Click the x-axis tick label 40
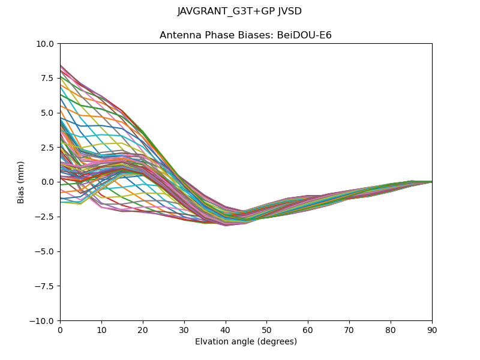[x=225, y=329]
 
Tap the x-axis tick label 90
[x=432, y=329]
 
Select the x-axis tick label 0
[x=60, y=329]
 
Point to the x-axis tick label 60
[x=308, y=329]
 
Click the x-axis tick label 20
[x=143, y=329]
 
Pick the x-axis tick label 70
[x=349, y=329]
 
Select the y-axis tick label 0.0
[x=47, y=182]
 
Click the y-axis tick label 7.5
[x=47, y=79]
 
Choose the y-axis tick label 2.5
[x=47, y=148]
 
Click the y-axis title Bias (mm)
[x=21, y=182]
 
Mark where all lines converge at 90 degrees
[x=431, y=182]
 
